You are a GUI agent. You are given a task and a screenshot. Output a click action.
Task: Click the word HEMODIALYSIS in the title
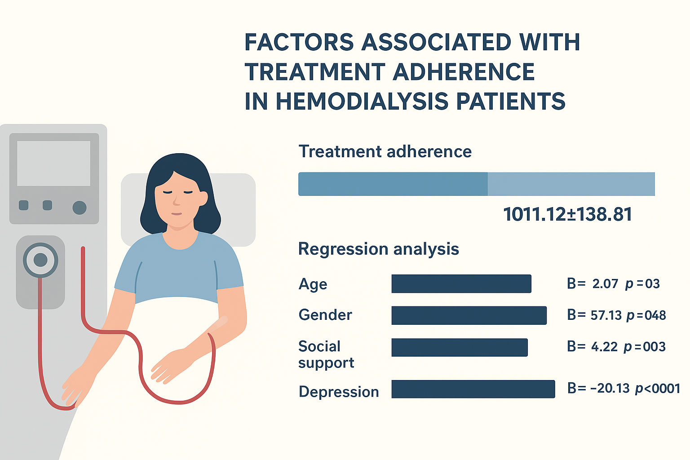362,101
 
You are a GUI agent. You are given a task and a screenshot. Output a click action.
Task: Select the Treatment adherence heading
385,151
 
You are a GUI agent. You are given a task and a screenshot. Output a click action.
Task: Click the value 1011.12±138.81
567,214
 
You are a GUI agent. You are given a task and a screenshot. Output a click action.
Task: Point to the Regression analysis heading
379,249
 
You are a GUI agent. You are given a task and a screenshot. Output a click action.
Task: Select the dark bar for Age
461,284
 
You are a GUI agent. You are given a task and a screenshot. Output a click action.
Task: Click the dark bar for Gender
469,315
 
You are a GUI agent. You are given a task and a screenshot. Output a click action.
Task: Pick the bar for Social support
460,348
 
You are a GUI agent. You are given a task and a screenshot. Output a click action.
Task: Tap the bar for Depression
473,389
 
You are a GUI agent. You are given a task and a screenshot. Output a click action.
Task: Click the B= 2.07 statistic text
593,284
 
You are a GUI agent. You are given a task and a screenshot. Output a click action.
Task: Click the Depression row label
339,392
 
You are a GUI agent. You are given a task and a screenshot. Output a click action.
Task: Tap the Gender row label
325,315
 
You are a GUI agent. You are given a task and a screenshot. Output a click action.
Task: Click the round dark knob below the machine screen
80,208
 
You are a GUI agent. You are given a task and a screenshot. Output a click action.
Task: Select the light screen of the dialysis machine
53,164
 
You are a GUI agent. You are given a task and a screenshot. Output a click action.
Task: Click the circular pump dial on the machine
40,261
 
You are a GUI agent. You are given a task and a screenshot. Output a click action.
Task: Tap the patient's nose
176,201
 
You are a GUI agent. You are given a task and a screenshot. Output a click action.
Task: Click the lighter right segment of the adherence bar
571,184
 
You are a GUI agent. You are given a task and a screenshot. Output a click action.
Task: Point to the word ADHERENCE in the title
464,72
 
